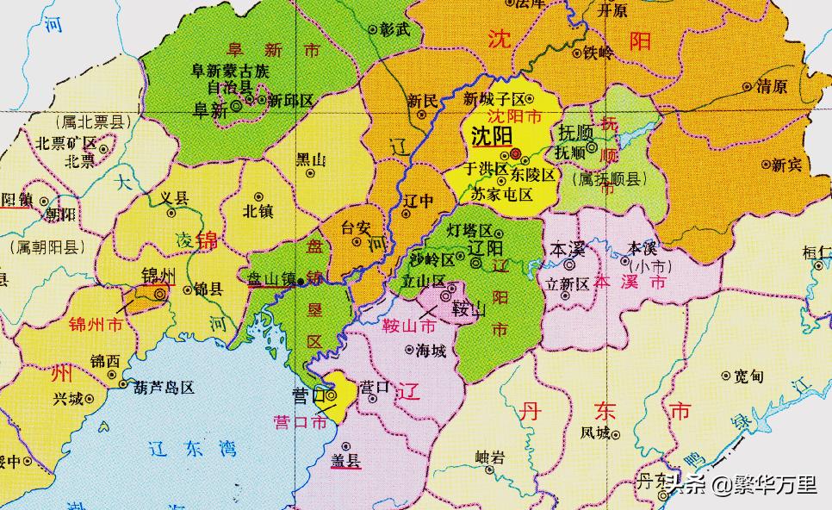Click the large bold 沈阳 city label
click(492, 136)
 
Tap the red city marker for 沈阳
click(515, 154)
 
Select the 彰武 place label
click(395, 28)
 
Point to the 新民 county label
click(422, 98)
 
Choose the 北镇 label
click(258, 209)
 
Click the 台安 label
click(356, 229)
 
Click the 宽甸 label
click(749, 376)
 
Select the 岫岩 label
click(490, 457)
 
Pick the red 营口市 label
click(299, 422)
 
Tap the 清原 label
click(771, 87)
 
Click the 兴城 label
click(68, 399)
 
